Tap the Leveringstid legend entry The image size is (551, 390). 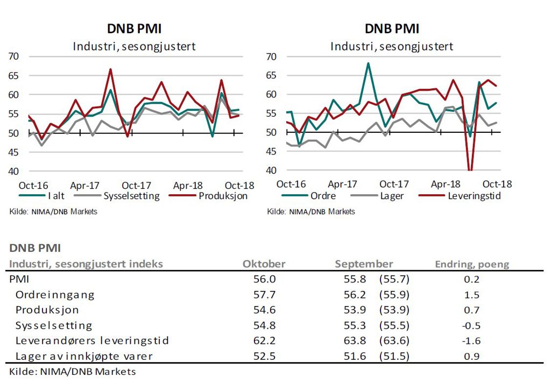point(474,196)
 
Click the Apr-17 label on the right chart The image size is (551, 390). point(343,183)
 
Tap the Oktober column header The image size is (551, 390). point(264,264)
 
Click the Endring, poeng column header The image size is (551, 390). point(472,264)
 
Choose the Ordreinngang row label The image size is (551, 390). point(55,295)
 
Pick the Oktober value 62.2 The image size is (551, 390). point(264,341)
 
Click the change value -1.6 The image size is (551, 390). point(471,341)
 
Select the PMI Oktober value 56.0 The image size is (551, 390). point(264,279)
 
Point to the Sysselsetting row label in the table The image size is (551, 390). point(54,325)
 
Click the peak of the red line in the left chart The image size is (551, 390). point(110,69)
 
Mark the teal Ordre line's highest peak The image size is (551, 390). point(368,63)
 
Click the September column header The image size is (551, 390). point(364,264)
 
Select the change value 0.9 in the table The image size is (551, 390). point(471,356)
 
